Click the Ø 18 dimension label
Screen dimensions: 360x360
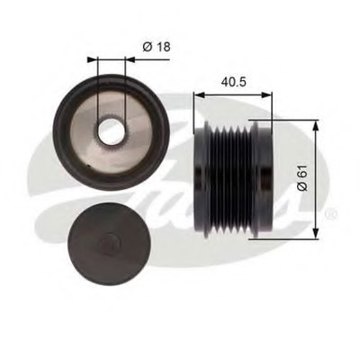(x=157, y=47)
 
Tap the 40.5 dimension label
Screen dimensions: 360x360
(x=233, y=82)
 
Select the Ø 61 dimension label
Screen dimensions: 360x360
(x=302, y=177)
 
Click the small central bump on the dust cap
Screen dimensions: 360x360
(x=110, y=244)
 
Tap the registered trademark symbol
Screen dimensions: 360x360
(x=333, y=213)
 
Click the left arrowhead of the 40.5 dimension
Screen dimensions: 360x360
(x=199, y=95)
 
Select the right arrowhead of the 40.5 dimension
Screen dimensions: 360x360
(x=267, y=95)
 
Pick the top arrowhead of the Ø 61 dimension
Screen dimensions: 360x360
(x=315, y=126)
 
